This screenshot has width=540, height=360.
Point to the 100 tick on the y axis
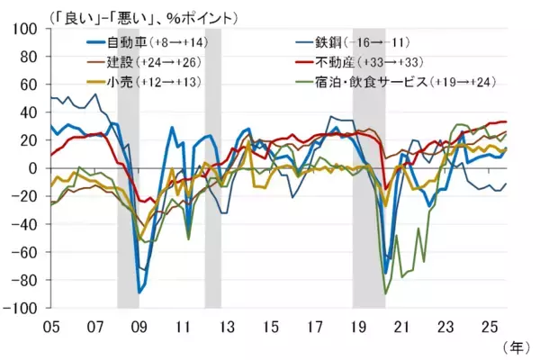click(x=27, y=30)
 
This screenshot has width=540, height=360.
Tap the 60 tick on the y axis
click(x=31, y=85)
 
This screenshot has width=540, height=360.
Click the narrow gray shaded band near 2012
click(x=212, y=168)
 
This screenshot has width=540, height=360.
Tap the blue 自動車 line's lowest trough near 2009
click(x=139, y=292)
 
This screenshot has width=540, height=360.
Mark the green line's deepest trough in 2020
click(x=386, y=293)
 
